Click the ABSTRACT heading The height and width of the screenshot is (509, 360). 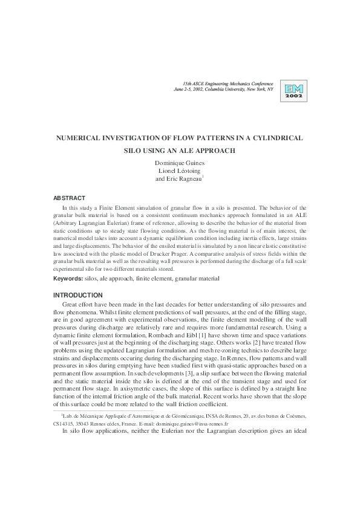click(x=70, y=198)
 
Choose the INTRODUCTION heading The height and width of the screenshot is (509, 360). click(x=77, y=294)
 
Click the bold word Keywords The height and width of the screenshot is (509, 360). click(x=68, y=279)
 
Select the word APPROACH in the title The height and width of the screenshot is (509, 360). click(x=216, y=151)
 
